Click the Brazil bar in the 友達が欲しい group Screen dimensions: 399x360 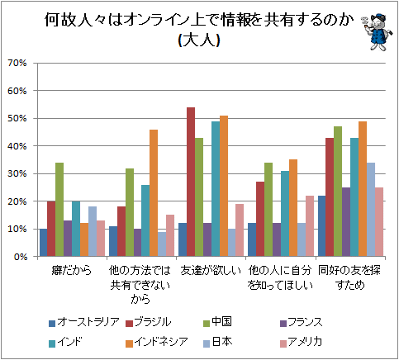click(x=191, y=182)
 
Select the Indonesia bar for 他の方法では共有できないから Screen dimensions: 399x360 click(x=154, y=193)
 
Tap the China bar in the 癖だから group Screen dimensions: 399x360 click(x=59, y=210)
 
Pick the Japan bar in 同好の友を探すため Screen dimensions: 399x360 click(x=371, y=210)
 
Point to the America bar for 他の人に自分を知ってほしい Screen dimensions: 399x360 click(x=310, y=226)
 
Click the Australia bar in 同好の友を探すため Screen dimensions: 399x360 click(x=321, y=226)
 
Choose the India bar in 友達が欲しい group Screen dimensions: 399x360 click(x=216, y=189)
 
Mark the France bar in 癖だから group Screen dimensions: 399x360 click(x=68, y=239)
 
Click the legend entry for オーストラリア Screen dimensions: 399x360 click(x=84, y=322)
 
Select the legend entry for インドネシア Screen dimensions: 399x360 click(x=157, y=342)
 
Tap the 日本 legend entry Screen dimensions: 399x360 click(x=217, y=342)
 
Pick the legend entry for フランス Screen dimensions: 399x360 click(x=302, y=322)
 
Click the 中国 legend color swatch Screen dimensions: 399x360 click(x=207, y=323)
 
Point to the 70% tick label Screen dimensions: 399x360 click(x=17, y=63)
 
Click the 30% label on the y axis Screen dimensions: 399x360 click(x=17, y=173)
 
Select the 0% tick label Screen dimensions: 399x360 click(x=20, y=257)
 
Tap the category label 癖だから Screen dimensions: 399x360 click(x=72, y=271)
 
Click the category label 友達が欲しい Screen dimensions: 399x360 click(x=211, y=271)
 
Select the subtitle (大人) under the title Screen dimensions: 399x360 click(x=199, y=40)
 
